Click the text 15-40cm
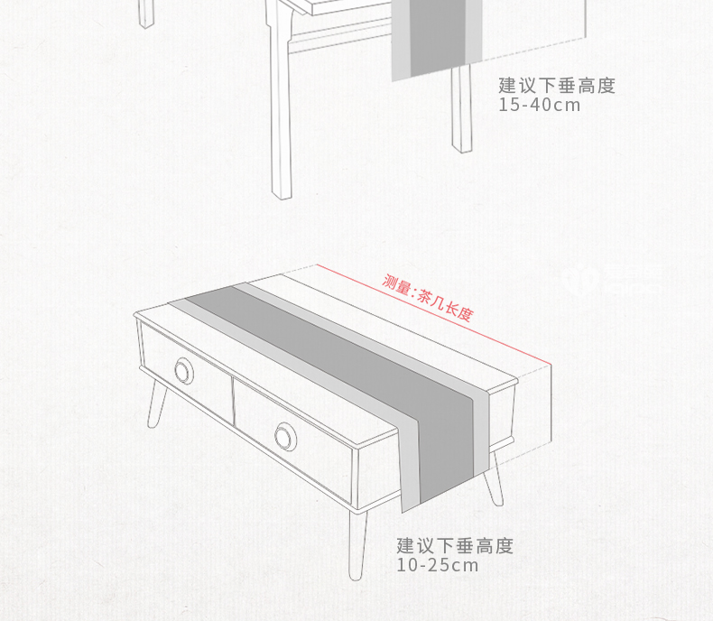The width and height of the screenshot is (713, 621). (540, 105)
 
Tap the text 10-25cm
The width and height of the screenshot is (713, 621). (438, 566)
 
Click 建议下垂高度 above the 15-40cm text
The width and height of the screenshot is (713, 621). (557, 86)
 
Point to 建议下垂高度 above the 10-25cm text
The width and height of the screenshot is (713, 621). (455, 546)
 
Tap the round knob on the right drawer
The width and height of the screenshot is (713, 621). (285, 435)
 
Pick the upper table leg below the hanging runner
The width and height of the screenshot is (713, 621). (462, 108)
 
